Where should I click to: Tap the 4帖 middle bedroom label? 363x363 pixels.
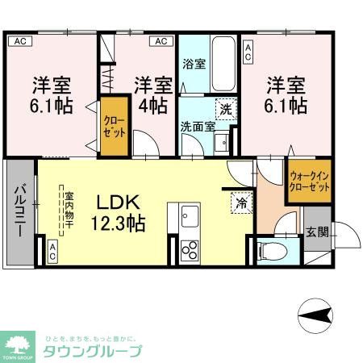[153, 94]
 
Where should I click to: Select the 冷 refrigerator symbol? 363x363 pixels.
[240, 203]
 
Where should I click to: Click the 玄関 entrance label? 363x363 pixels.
[317, 232]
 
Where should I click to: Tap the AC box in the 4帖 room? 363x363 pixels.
[161, 41]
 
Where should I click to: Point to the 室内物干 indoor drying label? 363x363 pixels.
[69, 208]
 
